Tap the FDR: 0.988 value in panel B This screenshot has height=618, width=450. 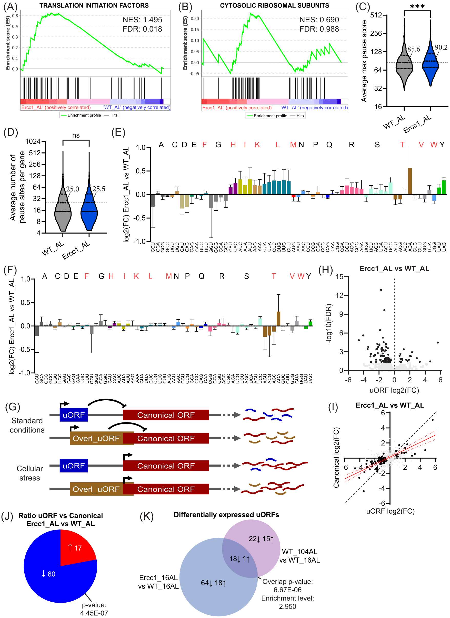[x=319, y=29]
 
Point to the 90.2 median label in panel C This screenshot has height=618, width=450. [x=441, y=47]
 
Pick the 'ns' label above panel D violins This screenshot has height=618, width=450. [x=76, y=136]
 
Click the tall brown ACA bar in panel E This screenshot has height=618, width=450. [x=410, y=181]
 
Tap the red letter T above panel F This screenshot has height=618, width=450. [x=274, y=276]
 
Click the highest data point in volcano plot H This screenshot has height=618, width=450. [x=381, y=290]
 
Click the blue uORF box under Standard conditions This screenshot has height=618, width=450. [x=74, y=415]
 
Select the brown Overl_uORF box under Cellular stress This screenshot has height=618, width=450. [x=96, y=489]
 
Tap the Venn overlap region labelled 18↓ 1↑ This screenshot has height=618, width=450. [x=239, y=559]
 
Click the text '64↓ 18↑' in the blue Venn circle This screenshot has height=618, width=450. [x=213, y=583]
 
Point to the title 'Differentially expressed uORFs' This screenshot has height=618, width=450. [x=226, y=515]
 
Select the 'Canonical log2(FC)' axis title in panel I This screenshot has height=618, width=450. [x=336, y=458]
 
